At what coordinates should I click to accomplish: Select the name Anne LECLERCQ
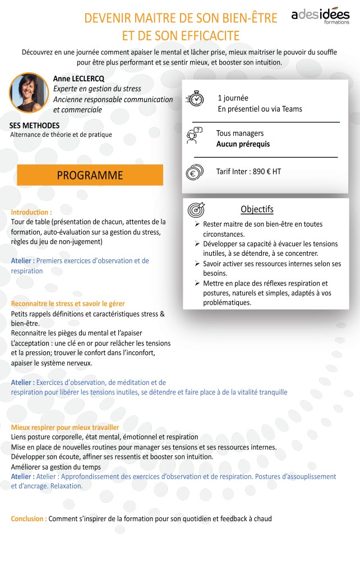pyautogui.click(x=79, y=78)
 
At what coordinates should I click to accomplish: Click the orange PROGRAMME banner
pyautogui.click(x=90, y=175)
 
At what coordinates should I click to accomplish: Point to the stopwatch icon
pyautogui.click(x=195, y=98)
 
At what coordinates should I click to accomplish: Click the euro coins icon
pyautogui.click(x=194, y=172)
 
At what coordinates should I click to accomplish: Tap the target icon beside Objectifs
pyautogui.click(x=196, y=210)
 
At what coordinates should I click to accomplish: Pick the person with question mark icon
pyautogui.click(x=195, y=135)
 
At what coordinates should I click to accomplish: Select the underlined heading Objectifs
pyautogui.click(x=257, y=209)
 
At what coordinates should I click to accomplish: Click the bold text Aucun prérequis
pyautogui.click(x=243, y=144)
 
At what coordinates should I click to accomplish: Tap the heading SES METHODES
pyautogui.click(x=34, y=125)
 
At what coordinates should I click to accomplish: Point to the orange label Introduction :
pyautogui.click(x=31, y=213)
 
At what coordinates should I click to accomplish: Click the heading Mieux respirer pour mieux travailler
pyautogui.click(x=65, y=427)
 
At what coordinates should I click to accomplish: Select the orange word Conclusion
pyautogui.click(x=28, y=518)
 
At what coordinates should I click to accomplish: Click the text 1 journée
pyautogui.click(x=233, y=98)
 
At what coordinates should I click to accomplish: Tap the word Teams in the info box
pyautogui.click(x=292, y=109)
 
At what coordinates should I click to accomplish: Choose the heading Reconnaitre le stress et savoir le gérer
pyautogui.click(x=68, y=304)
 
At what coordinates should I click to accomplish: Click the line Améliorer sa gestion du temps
pyautogui.click(x=56, y=467)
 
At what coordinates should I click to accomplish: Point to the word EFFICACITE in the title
pyautogui.click(x=204, y=36)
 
